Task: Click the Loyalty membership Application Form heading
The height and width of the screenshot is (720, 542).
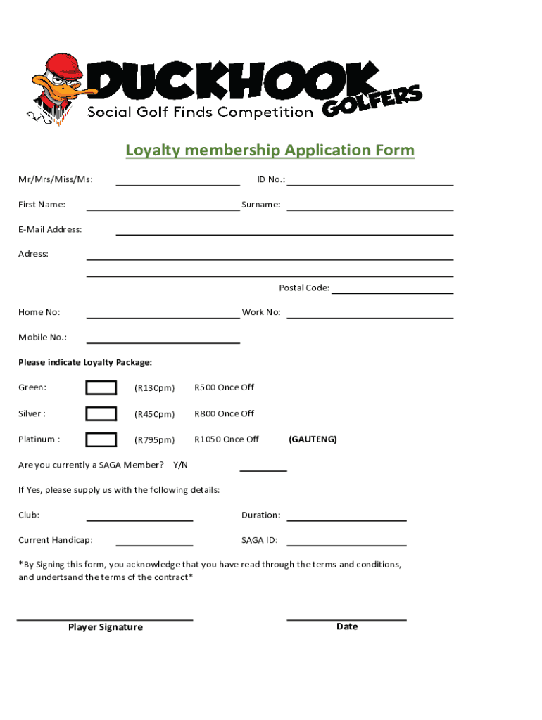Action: [270, 150]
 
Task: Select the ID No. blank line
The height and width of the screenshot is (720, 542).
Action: [370, 184]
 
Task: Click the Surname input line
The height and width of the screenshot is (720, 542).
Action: [370, 210]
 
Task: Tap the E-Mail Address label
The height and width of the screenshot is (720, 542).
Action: [50, 229]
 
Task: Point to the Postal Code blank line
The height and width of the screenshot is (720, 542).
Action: [392, 292]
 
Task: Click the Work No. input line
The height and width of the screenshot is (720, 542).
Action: [370, 318]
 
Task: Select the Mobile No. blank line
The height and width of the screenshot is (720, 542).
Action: [163, 342]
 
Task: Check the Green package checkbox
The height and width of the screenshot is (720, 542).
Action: [101, 387]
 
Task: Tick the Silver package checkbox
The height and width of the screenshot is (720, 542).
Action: [101, 413]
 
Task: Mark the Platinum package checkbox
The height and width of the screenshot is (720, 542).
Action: [101, 439]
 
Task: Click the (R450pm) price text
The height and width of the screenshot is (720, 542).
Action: [154, 414]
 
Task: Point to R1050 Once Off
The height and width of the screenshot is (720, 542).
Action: [226, 439]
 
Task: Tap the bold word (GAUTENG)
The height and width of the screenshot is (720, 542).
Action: [313, 439]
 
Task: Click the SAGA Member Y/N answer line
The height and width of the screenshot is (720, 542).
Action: [263, 470]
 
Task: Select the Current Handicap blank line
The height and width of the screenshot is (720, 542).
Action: [154, 544]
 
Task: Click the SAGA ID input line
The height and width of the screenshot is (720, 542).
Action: [346, 544]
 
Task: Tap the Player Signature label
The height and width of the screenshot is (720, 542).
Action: [105, 627]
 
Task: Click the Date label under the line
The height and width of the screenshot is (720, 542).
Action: [347, 626]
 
